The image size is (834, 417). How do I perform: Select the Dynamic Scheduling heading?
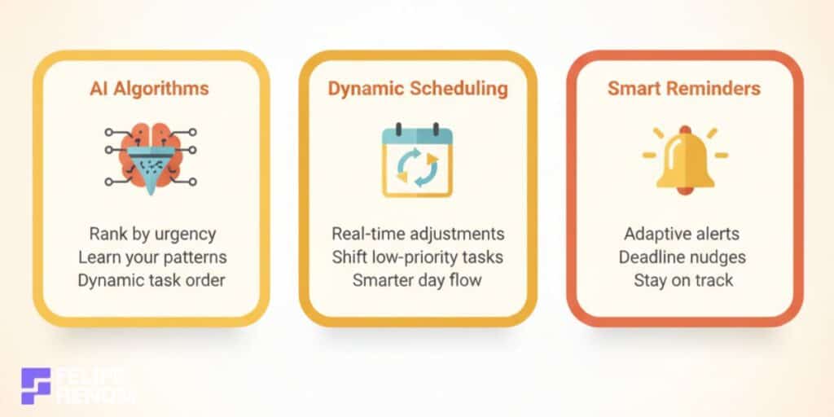(x=418, y=88)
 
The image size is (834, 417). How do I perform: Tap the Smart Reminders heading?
(x=684, y=88)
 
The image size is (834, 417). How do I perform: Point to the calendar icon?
(x=418, y=160)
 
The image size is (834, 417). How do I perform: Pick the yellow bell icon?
(x=684, y=159)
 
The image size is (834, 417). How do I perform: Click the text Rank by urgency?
(x=152, y=235)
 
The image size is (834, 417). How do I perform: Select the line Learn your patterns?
(x=152, y=257)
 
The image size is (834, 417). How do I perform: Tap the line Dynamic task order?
(x=152, y=280)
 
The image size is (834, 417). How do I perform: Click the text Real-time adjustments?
(x=418, y=235)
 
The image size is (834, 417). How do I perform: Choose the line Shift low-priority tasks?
(x=418, y=257)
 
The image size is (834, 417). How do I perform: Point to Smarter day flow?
(x=418, y=280)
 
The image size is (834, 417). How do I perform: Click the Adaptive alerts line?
(x=683, y=235)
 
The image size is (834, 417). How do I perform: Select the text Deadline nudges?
(x=683, y=257)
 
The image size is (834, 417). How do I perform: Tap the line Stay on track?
(x=683, y=280)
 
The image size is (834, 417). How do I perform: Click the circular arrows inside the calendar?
(x=417, y=165)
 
